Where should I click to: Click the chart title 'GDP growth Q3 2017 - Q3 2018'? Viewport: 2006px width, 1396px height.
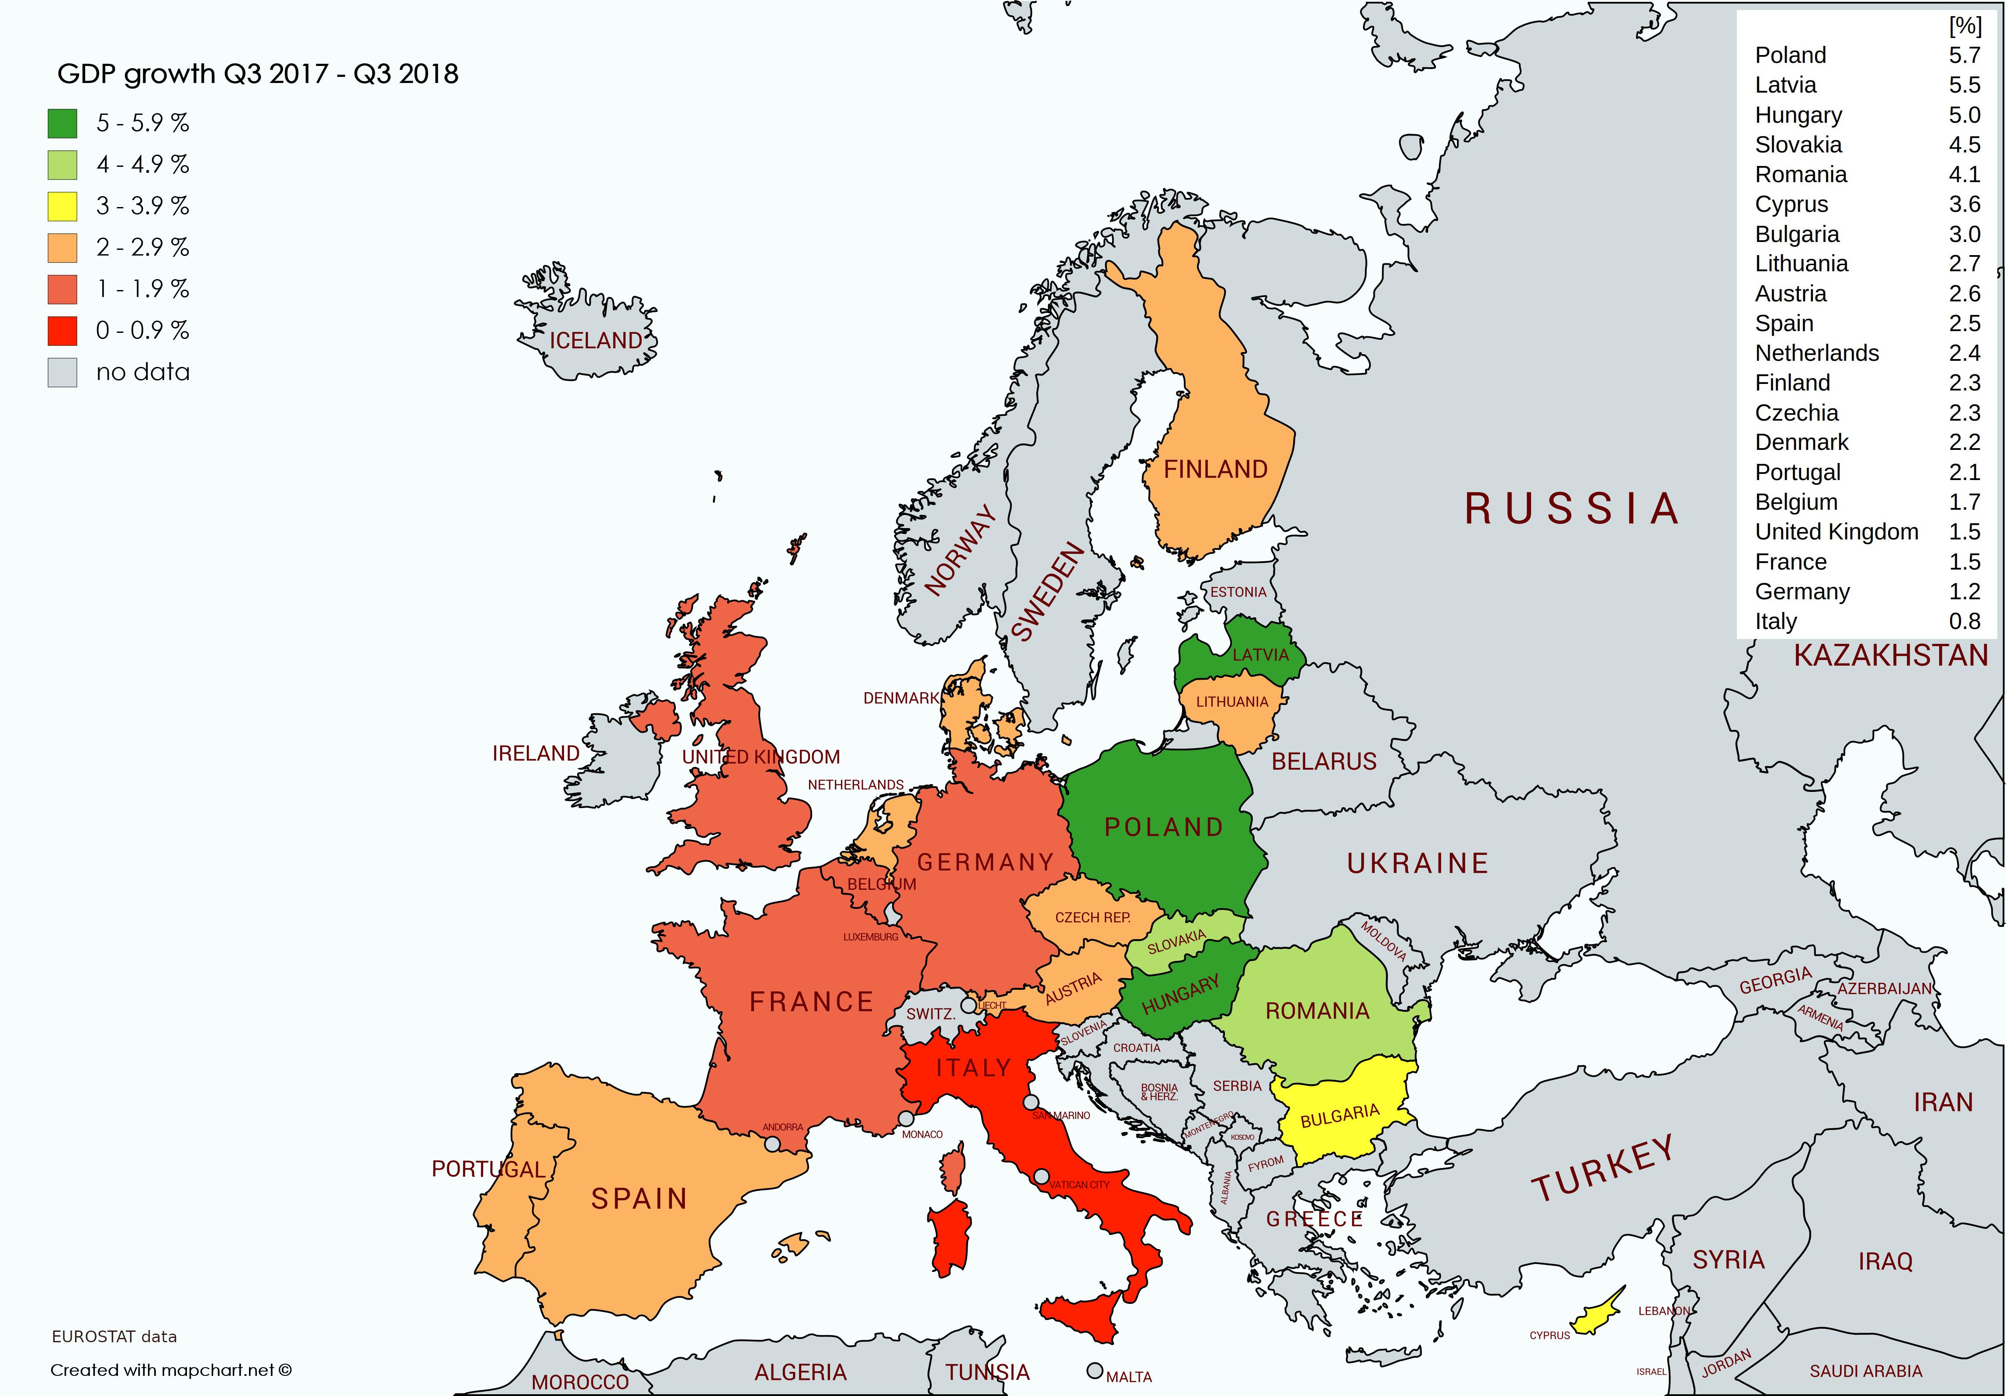pyautogui.click(x=258, y=74)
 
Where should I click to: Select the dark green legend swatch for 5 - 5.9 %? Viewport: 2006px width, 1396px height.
pyautogui.click(x=62, y=123)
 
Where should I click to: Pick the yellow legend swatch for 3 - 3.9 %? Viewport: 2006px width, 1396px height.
pyautogui.click(x=62, y=206)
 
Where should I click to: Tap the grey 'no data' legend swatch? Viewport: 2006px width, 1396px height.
pyautogui.click(x=62, y=372)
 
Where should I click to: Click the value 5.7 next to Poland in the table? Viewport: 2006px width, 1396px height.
pyautogui.click(x=1964, y=55)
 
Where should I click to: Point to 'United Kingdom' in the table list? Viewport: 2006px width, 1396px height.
pyautogui.click(x=1837, y=532)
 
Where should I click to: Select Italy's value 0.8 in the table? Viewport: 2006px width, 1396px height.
pyautogui.click(x=1964, y=621)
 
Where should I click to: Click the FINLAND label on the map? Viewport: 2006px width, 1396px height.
pyautogui.click(x=1215, y=470)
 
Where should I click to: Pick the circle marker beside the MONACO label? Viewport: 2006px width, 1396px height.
pyautogui.click(x=906, y=1118)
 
